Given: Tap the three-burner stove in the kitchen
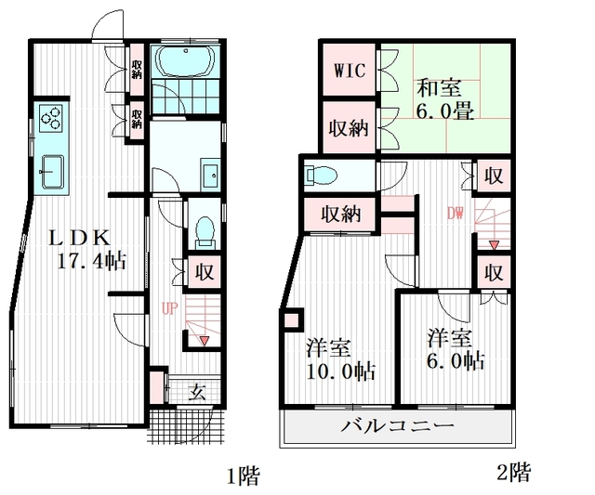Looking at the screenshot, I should coord(51,118).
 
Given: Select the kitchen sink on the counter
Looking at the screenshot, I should coord(51,170).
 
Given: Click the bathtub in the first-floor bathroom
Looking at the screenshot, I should coord(185,62).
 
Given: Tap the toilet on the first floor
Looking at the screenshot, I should coord(205,228).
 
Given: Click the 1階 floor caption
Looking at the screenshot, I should coord(243,477).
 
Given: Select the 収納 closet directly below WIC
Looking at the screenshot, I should coord(347,129).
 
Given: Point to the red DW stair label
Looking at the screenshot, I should coord(455,214).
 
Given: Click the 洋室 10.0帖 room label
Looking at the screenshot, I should coord(340,360).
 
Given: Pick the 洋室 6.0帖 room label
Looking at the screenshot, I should coord(455,348).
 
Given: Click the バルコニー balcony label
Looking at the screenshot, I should coord(397,428).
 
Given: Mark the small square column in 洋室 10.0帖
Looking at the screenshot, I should coord(292,322).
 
